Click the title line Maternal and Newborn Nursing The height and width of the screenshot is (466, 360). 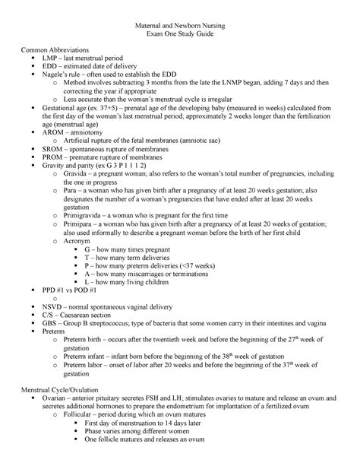pyautogui.click(x=180, y=27)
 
